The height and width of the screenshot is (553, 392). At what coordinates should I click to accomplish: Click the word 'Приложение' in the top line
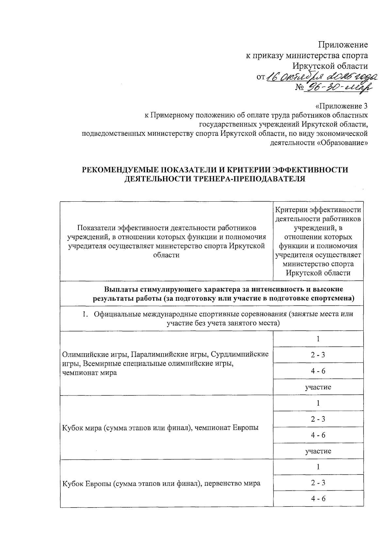click(343, 45)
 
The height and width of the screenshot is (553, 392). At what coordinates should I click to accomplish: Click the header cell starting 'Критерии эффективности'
click(318, 241)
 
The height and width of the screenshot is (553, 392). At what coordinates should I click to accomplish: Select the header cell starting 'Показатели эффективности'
click(166, 241)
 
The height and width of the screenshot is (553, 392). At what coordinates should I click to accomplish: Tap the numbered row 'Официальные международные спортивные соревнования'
click(223, 319)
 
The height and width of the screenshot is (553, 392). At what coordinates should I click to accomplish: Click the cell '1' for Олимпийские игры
click(318, 339)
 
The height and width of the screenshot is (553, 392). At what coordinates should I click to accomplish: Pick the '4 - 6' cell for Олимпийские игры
click(318, 371)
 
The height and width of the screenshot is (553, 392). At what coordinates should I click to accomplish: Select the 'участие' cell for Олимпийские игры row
click(318, 387)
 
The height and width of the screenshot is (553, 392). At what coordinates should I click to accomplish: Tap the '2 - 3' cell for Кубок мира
click(318, 419)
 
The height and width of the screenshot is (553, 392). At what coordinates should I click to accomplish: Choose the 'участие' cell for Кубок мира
click(318, 451)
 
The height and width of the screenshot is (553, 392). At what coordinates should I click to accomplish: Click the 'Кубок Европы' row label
click(161, 483)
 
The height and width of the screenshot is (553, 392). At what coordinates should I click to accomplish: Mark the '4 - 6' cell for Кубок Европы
click(318, 499)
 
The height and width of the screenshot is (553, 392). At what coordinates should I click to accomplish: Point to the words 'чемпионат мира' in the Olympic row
click(89, 373)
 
